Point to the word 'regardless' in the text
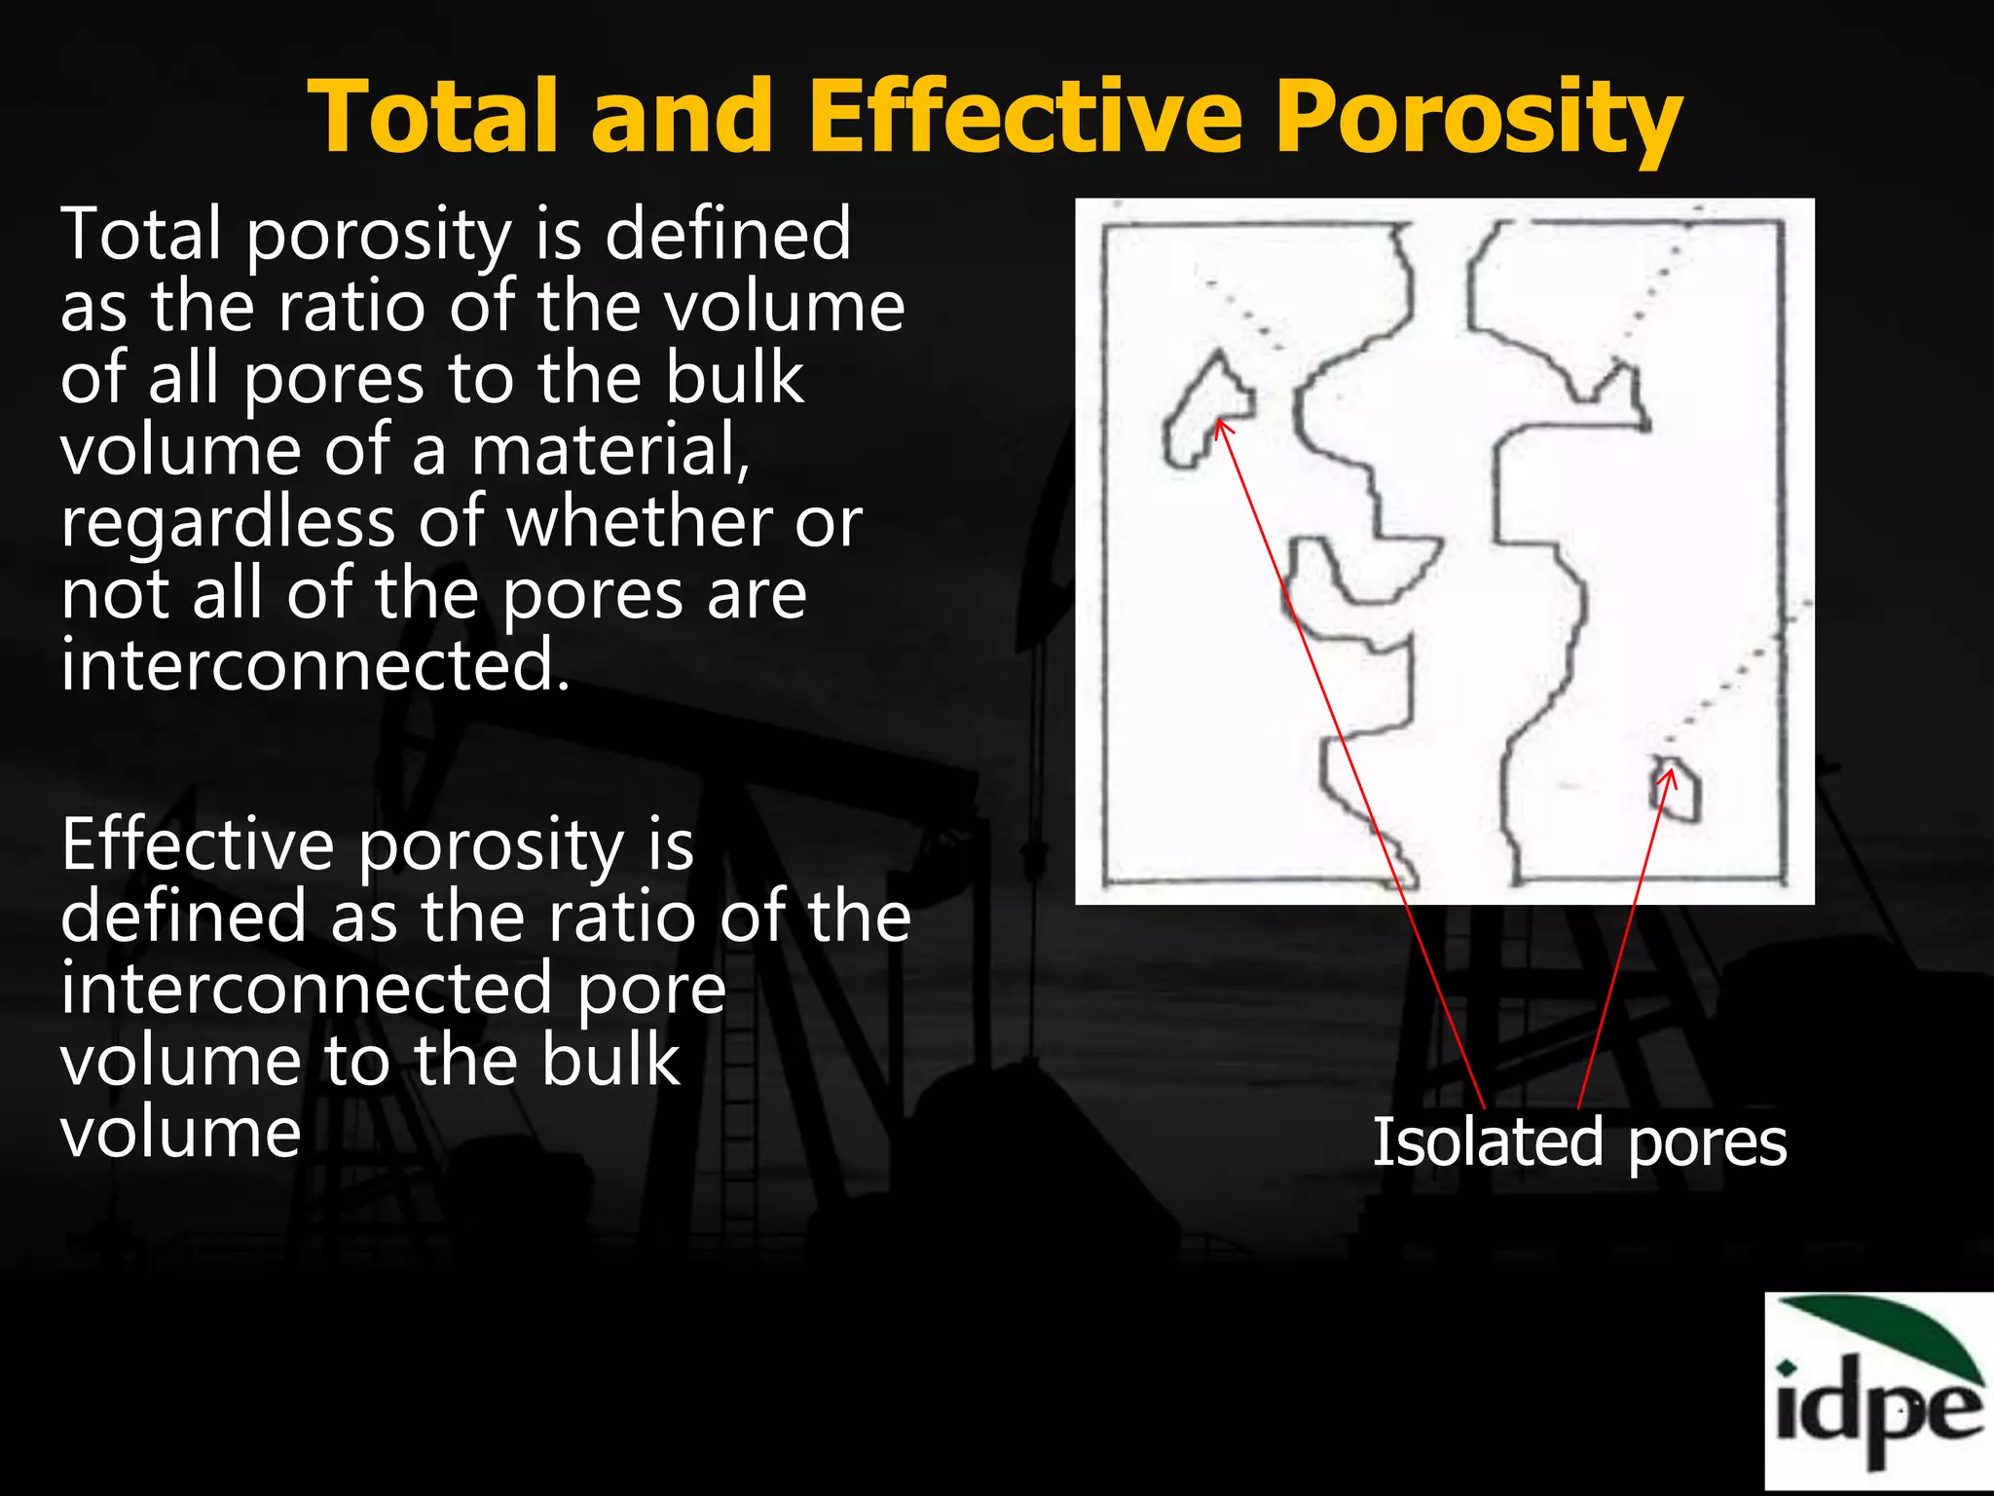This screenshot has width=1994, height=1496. click(x=228, y=523)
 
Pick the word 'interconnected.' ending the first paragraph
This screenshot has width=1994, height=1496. click(x=314, y=665)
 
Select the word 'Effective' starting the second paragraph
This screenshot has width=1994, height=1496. click(x=199, y=844)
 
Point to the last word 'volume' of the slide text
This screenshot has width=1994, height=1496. click(x=181, y=1133)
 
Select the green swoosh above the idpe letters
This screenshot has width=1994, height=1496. click(x=1889, y=1333)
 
